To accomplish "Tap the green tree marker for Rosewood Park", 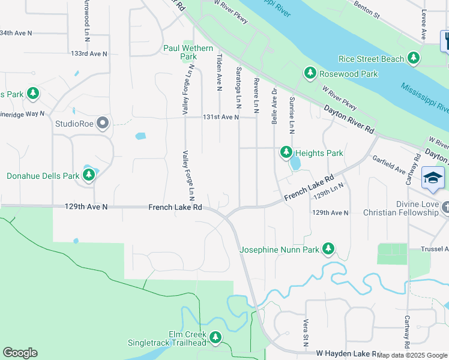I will (310, 73).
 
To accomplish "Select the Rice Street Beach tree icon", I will (413, 58).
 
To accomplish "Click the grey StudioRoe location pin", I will (103, 124).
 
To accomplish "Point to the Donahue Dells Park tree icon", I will (89, 175).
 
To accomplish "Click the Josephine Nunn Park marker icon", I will (328, 248).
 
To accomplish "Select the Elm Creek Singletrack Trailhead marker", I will (215, 338).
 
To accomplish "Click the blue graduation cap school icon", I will (433, 178).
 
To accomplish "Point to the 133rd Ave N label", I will (88, 53).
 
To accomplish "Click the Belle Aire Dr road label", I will (274, 106).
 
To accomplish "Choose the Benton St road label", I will (368, 8).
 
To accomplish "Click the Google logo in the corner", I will (20, 353).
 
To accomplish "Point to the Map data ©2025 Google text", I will (412, 355).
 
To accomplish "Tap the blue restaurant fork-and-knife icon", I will (445, 41).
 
